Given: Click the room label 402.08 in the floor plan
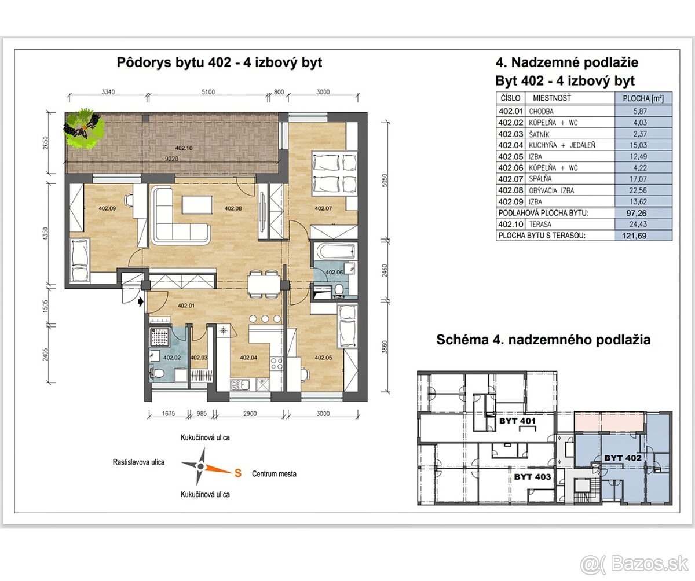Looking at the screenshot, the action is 233,208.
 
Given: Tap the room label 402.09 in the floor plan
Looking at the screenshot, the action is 107,208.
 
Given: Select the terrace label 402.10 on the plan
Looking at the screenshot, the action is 184,148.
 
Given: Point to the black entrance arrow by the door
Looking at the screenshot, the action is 141,301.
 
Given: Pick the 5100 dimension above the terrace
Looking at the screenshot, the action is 208,92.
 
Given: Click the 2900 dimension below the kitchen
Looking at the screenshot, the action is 250,413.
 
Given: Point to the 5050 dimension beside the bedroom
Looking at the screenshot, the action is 385,181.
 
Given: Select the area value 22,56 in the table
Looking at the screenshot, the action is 638,190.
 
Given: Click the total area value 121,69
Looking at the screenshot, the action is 634,236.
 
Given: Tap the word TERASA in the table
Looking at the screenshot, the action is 540,224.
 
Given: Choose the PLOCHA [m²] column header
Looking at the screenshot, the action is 643,98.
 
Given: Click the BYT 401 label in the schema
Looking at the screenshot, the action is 518,421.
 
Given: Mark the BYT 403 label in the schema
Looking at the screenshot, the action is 533,477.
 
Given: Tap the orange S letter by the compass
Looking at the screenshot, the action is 238,473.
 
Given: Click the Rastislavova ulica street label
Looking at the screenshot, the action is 138,462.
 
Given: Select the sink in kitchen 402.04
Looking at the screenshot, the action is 240,384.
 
